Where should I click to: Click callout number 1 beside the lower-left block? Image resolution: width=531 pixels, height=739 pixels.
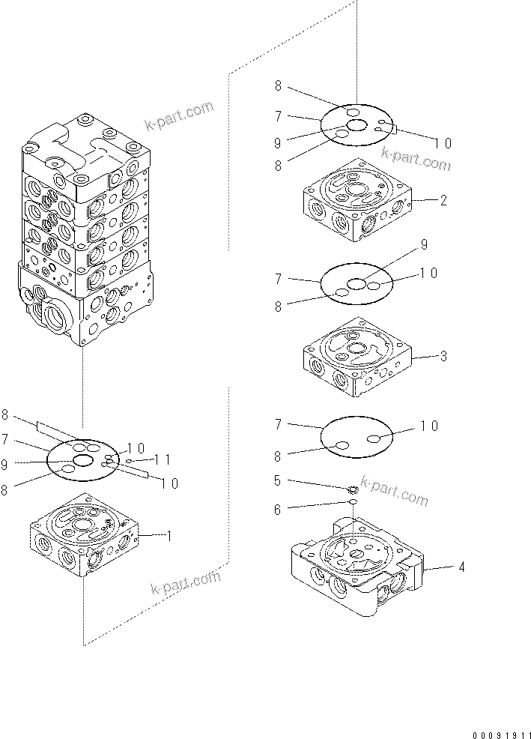coord(169,536)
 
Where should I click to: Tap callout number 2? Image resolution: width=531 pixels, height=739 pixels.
coord(443,200)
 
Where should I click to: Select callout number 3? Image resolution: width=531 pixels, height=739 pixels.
coord(443,356)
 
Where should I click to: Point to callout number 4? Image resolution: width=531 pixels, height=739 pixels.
coord(461,567)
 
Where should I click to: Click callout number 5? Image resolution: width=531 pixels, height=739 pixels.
coord(278,481)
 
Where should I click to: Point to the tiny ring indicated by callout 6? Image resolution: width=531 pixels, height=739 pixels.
coord(351,503)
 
